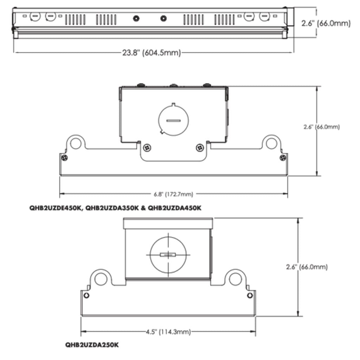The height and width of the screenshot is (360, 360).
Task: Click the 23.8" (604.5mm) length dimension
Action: (x=152, y=53)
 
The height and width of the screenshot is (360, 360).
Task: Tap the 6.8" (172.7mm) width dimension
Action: (x=173, y=194)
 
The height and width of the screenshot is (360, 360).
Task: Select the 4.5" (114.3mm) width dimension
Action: (x=168, y=332)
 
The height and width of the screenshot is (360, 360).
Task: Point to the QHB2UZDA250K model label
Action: (x=92, y=345)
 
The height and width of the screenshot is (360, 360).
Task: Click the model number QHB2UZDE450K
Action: (x=55, y=208)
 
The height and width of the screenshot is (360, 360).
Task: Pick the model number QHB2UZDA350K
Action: (x=112, y=208)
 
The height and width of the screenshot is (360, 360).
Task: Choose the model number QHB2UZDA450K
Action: (x=175, y=208)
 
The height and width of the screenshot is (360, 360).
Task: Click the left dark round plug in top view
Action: (x=136, y=18)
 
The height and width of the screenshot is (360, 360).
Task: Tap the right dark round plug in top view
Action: (x=163, y=18)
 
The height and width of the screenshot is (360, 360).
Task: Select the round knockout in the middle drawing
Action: (x=173, y=120)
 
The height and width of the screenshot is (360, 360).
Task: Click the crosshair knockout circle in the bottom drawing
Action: (x=168, y=255)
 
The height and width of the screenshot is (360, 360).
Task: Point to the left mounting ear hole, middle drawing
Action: (x=76, y=143)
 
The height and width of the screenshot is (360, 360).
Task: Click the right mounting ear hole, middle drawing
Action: (x=271, y=143)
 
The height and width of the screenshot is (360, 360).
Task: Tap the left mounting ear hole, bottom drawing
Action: (x=101, y=279)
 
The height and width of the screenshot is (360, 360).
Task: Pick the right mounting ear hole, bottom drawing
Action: (x=235, y=279)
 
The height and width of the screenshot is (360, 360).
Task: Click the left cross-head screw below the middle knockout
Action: (x=147, y=148)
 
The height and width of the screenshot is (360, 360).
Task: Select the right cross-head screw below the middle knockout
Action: (x=200, y=148)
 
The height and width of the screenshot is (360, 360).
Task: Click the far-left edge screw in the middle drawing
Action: (x=65, y=158)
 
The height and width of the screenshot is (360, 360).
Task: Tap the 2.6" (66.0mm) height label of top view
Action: (x=326, y=23)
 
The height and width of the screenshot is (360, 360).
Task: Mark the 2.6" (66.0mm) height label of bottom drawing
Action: (x=307, y=267)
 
